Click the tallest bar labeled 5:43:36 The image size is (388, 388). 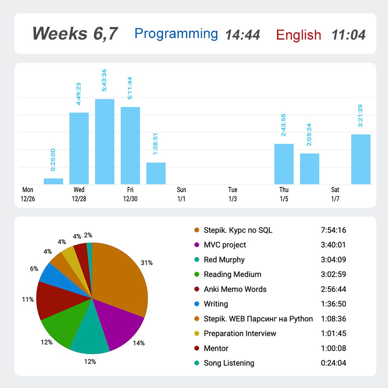coord(105,142)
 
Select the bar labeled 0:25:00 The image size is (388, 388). coord(54,181)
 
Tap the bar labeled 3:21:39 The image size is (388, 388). coord(361,159)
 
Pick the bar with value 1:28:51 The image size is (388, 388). coord(156,173)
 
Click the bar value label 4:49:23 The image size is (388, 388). coord(78,94)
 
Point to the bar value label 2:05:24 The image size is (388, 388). coord(309,135)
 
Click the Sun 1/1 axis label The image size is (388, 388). coord(181,194)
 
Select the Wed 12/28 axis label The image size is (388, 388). coord(79,194)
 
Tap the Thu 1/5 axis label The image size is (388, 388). coord(284,194)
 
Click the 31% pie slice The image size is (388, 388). coord(119,277)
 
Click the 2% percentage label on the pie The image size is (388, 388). coord(88,235)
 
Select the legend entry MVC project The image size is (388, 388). coord(225,245)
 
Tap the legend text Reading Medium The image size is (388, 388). coord(232,274)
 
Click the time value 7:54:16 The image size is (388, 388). coord(333,230)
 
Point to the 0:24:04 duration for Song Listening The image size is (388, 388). coord(333,363)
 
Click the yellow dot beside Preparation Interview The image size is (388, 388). coord(197,333)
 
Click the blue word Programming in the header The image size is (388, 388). coord(176,34)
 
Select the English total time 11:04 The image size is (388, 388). coord(348,35)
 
